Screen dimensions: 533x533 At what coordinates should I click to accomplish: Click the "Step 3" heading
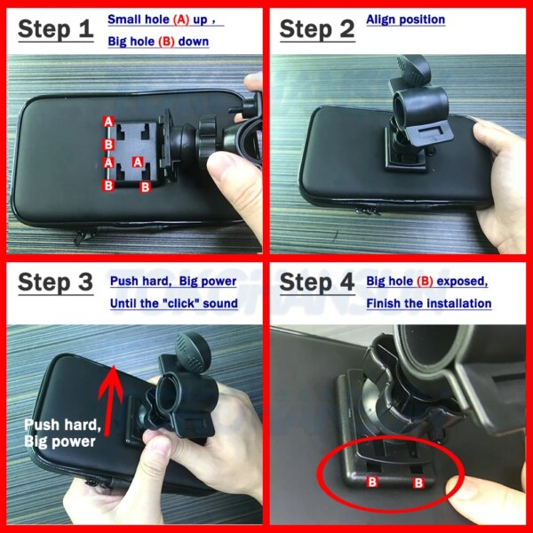56,283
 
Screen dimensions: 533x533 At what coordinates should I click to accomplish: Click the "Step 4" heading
317,283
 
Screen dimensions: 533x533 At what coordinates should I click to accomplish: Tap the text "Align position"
406,20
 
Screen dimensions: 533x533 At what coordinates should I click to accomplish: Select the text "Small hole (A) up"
163,20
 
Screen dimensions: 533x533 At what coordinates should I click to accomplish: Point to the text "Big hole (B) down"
158,42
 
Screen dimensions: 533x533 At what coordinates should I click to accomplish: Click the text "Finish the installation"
429,304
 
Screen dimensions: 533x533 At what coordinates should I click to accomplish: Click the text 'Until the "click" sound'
174,304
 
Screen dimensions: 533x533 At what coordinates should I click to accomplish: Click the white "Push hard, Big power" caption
61,432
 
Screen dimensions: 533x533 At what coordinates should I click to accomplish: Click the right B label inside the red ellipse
418,485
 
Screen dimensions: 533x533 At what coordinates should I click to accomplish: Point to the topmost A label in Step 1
107,121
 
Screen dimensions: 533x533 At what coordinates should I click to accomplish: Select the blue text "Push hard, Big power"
173,282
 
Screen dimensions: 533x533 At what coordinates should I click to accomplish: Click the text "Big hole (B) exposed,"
427,282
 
